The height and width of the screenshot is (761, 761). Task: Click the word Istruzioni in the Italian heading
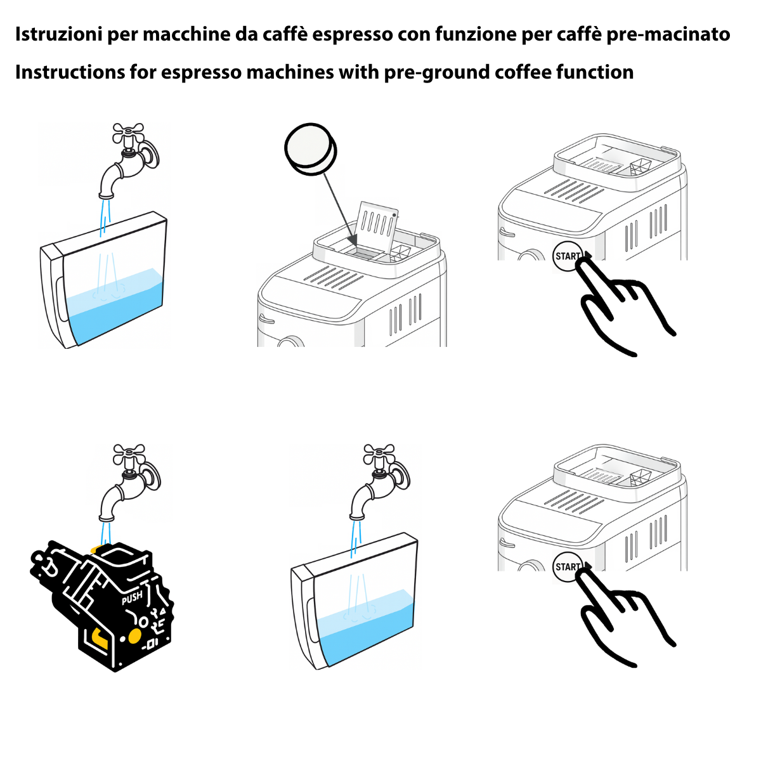(58, 34)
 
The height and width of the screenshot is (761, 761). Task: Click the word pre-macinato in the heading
(668, 35)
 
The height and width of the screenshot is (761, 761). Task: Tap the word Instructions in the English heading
(69, 72)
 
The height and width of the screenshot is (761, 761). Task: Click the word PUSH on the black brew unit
(132, 598)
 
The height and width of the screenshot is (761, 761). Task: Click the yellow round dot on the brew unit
(134, 635)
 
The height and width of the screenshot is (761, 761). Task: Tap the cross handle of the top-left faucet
(128, 133)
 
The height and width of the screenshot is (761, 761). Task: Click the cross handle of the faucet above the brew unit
(129, 454)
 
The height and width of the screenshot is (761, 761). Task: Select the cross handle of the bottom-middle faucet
(379, 454)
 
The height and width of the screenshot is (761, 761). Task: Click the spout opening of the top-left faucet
(106, 196)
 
